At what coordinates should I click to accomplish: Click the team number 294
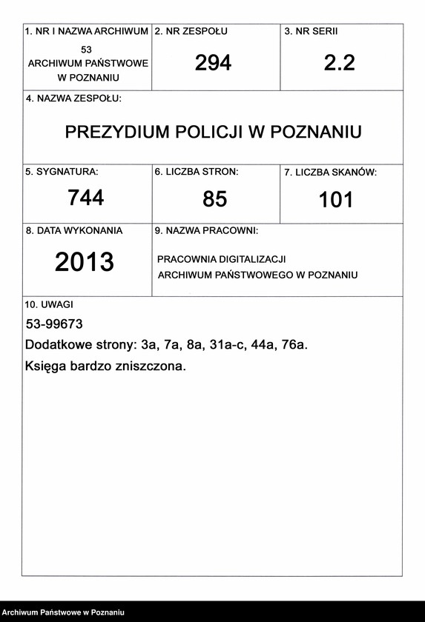pos(213,64)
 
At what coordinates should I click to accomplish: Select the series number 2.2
pos(339,64)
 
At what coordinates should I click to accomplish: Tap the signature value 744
pos(86,198)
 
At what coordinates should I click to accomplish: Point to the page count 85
pos(214,199)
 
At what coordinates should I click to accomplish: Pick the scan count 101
pos(336,200)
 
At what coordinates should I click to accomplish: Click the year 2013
pos(85,262)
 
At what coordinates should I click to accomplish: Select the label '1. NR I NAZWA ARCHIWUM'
pos(86,32)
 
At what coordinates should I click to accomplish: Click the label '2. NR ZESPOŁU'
pos(191,32)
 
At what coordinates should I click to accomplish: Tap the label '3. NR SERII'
pos(311,32)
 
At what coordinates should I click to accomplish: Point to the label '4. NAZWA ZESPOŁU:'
pos(73,98)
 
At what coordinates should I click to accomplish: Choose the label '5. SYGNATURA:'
pos(62,171)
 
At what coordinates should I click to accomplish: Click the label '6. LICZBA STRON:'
pos(197,172)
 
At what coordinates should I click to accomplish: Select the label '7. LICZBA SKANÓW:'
pos(330,173)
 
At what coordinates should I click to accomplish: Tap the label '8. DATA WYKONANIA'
pos(74,230)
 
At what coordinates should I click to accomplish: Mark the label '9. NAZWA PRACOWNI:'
pos(206,231)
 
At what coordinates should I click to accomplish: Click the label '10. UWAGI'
pos(49,304)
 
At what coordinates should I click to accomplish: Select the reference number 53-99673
pos(54,324)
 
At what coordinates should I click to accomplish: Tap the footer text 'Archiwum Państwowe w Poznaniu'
pos(62,612)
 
